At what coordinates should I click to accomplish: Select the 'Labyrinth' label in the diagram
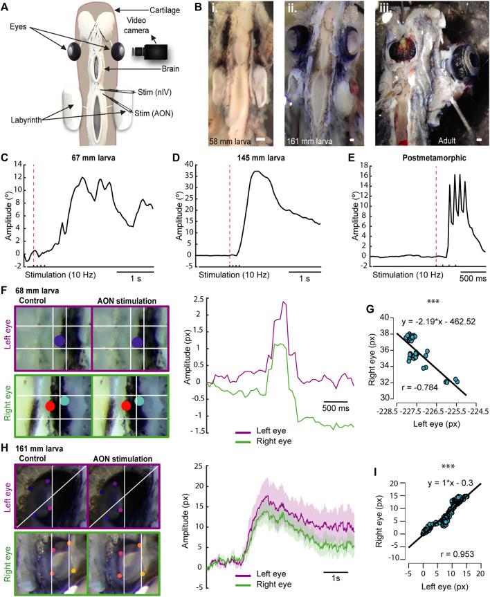26,121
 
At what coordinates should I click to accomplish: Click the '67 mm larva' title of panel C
75,155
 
